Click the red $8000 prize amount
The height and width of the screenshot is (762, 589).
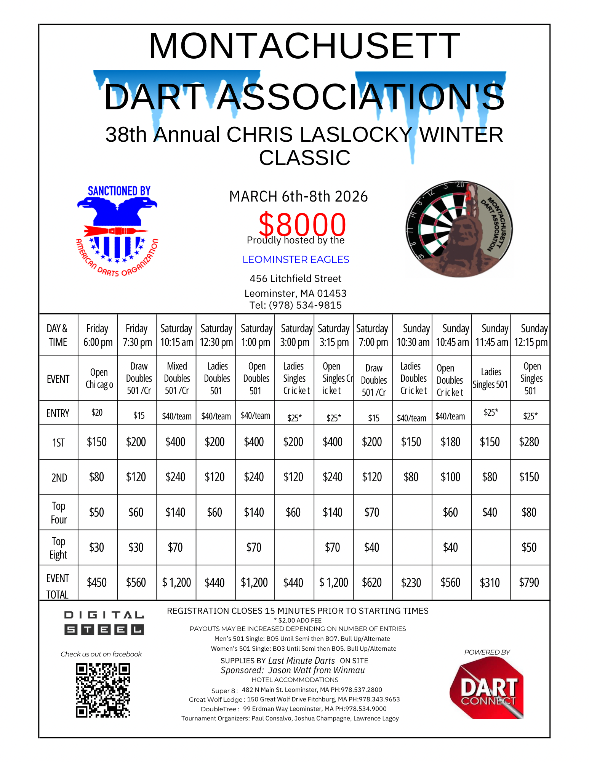tap(302, 225)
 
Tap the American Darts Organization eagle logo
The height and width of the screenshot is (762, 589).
tap(117, 231)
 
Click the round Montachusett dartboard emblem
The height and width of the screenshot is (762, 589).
tap(459, 229)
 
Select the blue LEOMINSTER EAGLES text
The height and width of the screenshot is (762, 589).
tap(296, 259)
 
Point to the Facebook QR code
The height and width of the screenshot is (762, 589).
tap(103, 690)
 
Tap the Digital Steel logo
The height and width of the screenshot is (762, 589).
tap(104, 623)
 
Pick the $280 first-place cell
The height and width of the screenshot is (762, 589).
tap(529, 442)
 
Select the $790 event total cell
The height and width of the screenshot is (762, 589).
tap(529, 583)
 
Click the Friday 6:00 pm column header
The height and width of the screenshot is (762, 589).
tap(98, 335)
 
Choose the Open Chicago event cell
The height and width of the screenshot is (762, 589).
tap(99, 378)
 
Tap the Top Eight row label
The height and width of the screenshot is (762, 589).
tap(58, 547)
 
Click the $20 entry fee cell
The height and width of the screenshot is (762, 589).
tap(97, 412)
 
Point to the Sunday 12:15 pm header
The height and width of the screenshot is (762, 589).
tap(530, 335)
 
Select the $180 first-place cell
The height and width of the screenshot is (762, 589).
tap(450, 442)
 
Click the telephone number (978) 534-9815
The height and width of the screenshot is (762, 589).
tap(296, 305)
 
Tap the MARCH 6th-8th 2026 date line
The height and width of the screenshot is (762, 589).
tap(298, 197)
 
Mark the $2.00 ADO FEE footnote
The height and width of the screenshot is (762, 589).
tap(298, 620)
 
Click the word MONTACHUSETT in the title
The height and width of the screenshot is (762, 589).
tap(304, 46)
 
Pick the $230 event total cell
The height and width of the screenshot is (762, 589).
tap(411, 583)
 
